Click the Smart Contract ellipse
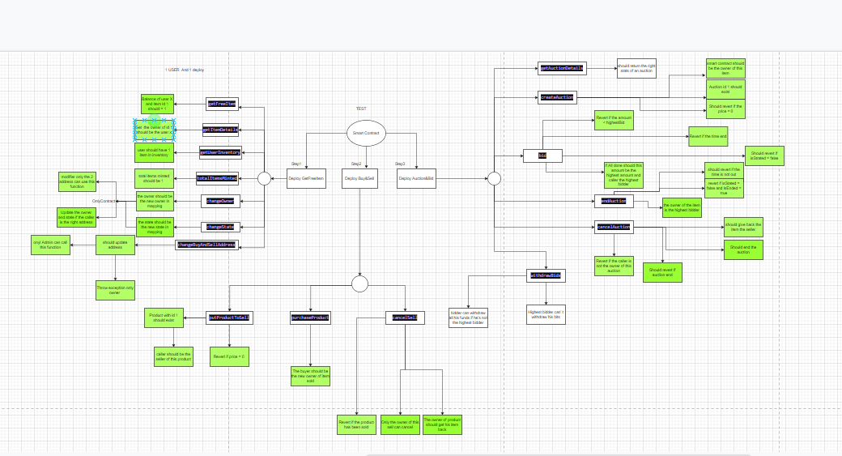[x=365, y=134]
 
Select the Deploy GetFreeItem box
[x=306, y=179]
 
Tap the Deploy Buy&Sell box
[x=359, y=179]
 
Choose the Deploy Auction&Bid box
[x=416, y=179]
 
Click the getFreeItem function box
[x=222, y=104]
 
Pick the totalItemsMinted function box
[x=216, y=178]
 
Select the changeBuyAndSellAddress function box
[x=207, y=245]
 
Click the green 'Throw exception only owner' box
[x=115, y=290]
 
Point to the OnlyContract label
[x=104, y=201]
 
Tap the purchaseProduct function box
[x=310, y=318]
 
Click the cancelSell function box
[x=404, y=317]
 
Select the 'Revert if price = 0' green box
[x=230, y=356]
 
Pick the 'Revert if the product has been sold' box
[x=357, y=424]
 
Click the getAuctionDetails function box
[x=561, y=69]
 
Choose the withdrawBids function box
[x=546, y=276]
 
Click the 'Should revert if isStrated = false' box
[x=764, y=156]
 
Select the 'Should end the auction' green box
[x=743, y=249]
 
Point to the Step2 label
[x=355, y=164]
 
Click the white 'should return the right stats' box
[x=636, y=68]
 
